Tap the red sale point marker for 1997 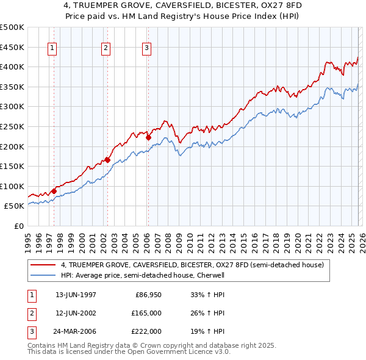coord(54,191)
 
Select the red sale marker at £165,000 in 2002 coord(107,160)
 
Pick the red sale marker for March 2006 coord(148,137)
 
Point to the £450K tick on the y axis coord(13,47)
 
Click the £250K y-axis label coord(13,127)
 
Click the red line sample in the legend coord(43,265)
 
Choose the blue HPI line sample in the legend coord(43,275)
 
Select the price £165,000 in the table coord(147,313)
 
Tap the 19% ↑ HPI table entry coord(207,331)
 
